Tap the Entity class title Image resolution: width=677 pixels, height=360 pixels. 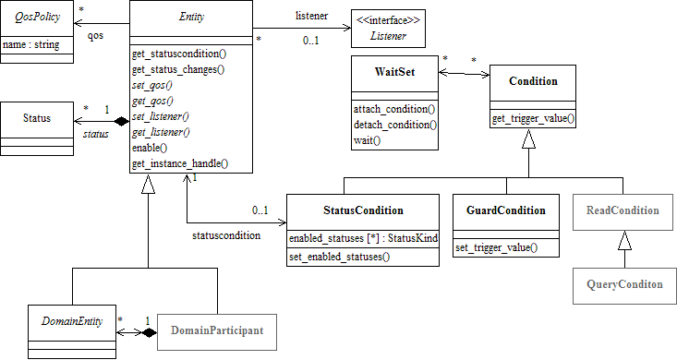[x=190, y=18]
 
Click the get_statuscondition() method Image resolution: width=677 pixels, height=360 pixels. [x=180, y=54]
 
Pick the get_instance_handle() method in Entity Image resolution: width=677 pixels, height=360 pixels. [x=180, y=163]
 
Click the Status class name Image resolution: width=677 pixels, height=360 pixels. [x=38, y=117]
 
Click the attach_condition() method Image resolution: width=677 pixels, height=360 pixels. [x=395, y=109]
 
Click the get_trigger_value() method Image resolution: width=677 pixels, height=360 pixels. [x=532, y=118]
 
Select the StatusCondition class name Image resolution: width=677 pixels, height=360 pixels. [x=363, y=210]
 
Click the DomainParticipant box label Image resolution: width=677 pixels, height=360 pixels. [x=217, y=330]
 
